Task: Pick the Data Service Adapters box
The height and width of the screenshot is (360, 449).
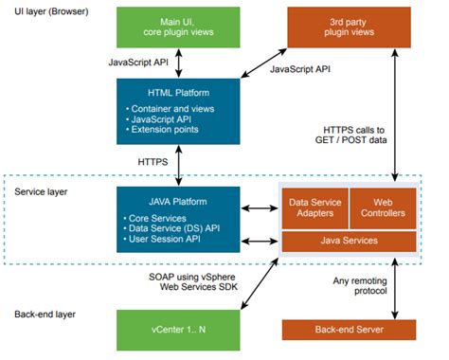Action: [314, 207]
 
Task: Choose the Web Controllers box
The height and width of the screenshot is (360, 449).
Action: [383, 207]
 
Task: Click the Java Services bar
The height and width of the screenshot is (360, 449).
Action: [347, 242]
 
